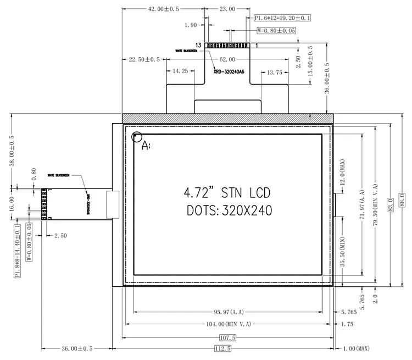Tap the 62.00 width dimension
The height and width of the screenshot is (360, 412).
227,59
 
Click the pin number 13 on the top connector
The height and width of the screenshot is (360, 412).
198,45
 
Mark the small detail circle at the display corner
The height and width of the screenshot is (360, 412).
136,137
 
